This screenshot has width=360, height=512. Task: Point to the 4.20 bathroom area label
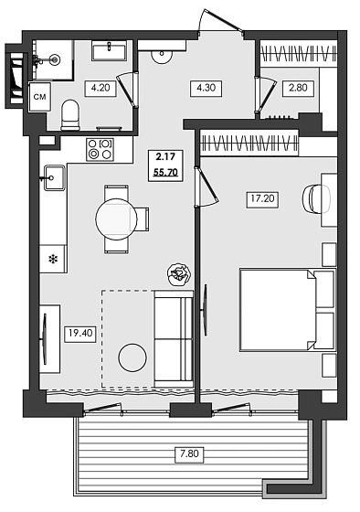coord(99,89)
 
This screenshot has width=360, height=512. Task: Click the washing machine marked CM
coord(41,95)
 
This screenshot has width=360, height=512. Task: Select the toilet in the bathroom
coord(70,115)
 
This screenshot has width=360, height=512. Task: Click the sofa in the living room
coord(173,336)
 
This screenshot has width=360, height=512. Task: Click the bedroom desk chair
coord(317,198)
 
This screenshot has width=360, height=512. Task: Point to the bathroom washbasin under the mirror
coord(112,50)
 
